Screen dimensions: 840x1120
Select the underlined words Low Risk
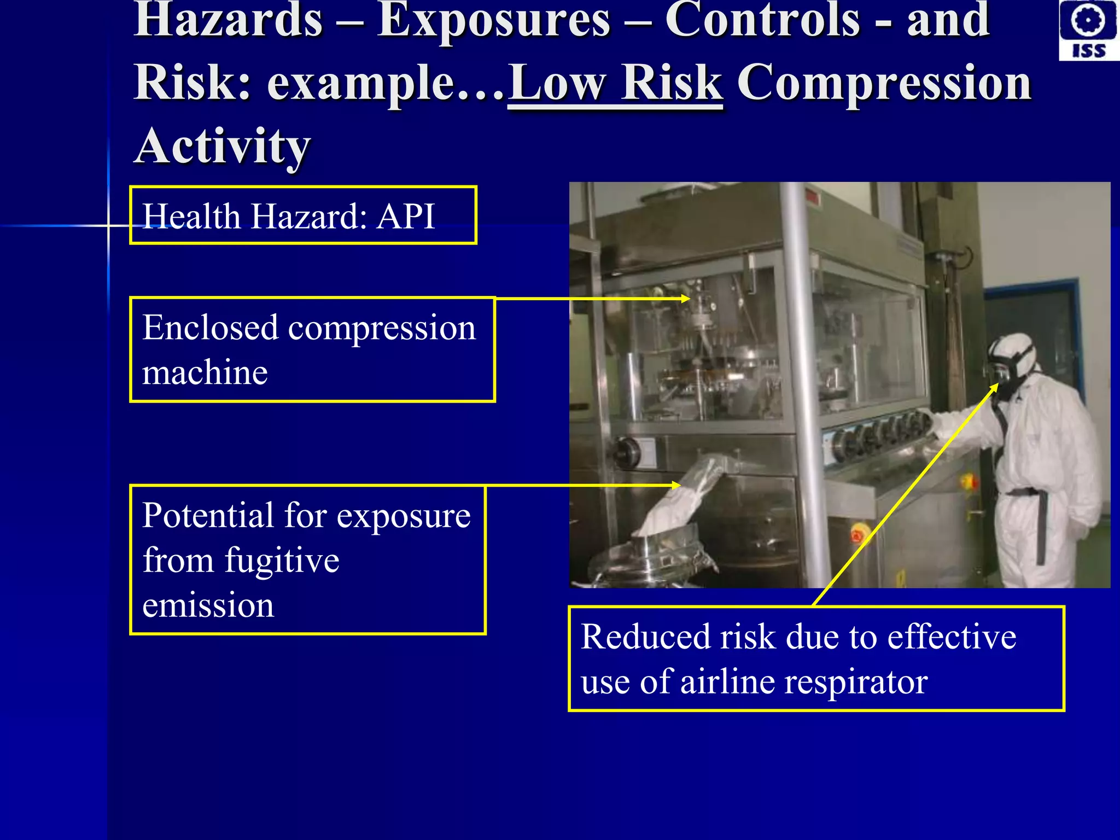[x=615, y=83]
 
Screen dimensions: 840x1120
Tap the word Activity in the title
[x=223, y=147]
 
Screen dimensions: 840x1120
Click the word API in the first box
[x=406, y=217]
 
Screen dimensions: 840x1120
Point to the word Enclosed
[x=210, y=328]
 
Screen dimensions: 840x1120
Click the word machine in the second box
[x=205, y=374]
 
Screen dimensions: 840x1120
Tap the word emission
[x=208, y=606]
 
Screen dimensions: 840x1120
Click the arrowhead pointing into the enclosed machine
[x=686, y=299]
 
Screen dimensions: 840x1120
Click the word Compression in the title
[x=884, y=83]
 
